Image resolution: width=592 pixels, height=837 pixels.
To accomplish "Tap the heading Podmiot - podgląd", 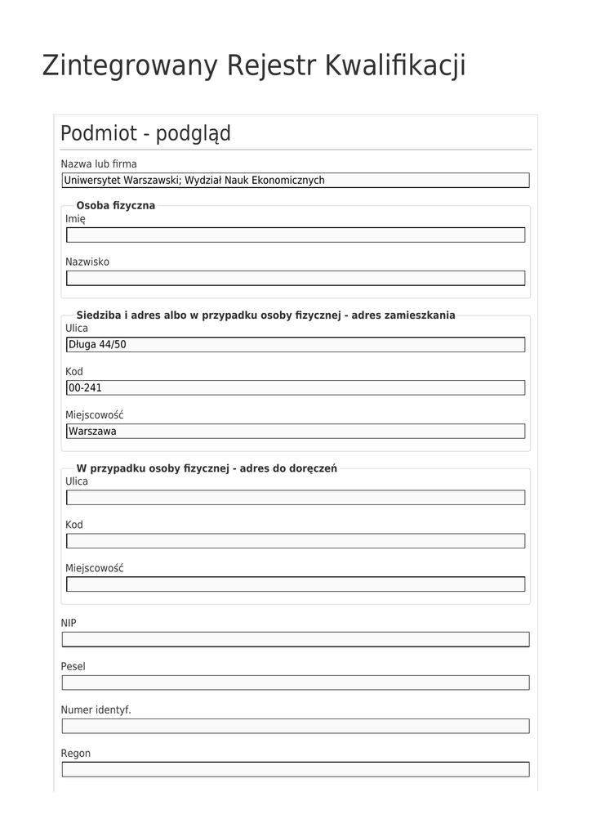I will click(x=145, y=133).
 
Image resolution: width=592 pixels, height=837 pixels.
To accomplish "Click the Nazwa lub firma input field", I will click(x=296, y=181).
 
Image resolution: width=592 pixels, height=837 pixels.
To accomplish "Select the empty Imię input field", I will click(x=296, y=235).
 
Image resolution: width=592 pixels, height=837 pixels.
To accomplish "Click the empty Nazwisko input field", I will click(x=296, y=278).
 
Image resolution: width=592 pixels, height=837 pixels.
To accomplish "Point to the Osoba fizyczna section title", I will click(x=115, y=205).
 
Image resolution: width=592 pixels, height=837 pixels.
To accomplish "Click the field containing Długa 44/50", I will click(x=296, y=345).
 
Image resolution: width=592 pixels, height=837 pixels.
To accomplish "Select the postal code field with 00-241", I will click(x=296, y=388).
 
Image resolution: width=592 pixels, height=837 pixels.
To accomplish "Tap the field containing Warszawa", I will click(x=296, y=431).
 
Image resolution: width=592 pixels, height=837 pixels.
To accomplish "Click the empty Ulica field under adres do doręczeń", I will click(x=296, y=498).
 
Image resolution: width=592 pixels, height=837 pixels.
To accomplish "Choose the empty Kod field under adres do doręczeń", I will click(x=296, y=541).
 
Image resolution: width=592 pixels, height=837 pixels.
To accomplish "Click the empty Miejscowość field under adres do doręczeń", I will click(x=296, y=584).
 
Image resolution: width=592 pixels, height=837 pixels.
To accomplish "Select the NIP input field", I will click(x=296, y=639).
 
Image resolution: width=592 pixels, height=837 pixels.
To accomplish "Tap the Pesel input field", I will click(x=296, y=683).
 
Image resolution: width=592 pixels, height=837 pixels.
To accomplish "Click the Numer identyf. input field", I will click(x=296, y=726).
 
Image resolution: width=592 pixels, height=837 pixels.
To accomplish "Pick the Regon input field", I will click(x=296, y=769).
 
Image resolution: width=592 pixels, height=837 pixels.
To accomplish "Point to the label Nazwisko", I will click(x=87, y=262).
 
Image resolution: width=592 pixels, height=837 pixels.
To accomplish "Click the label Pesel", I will click(x=73, y=666).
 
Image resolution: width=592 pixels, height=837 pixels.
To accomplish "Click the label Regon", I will click(x=76, y=753).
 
